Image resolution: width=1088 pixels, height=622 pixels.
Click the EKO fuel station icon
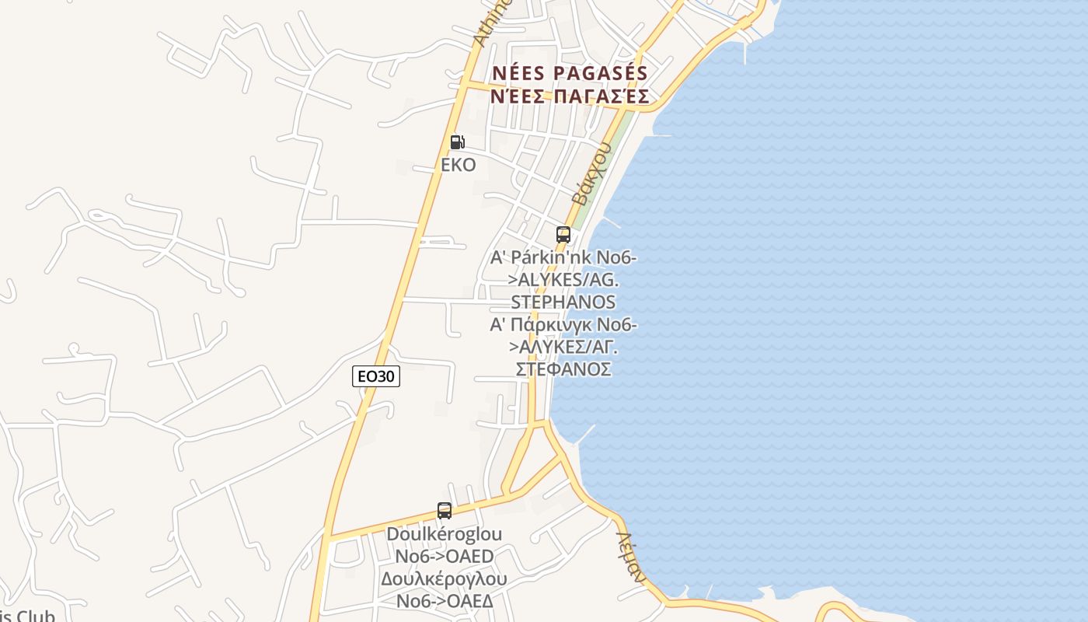click(458, 142)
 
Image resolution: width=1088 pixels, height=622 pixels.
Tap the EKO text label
click(458, 165)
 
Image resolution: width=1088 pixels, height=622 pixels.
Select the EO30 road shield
click(376, 377)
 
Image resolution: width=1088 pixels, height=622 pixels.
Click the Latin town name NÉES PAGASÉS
click(570, 73)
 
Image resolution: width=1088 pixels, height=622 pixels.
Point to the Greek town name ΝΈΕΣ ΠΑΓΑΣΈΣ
click(570, 96)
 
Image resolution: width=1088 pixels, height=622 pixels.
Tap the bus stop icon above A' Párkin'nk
click(563, 234)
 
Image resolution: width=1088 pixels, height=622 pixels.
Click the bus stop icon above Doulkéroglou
click(445, 511)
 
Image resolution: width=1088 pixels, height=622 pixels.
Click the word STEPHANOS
click(563, 302)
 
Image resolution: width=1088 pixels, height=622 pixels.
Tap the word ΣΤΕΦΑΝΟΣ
click(563, 369)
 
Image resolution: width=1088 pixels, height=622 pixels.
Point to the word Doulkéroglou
click(444, 534)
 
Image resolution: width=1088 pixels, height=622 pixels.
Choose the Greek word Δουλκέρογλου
click(444, 579)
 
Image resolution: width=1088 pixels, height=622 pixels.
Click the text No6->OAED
click(444, 557)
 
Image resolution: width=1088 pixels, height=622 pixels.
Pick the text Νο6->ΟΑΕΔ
click(444, 601)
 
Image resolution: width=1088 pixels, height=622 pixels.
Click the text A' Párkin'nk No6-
click(563, 257)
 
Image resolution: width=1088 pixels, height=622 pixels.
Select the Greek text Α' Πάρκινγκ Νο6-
click(563, 324)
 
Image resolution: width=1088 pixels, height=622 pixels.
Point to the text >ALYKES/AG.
click(563, 279)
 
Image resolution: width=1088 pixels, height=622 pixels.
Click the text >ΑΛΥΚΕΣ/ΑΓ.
click(563, 347)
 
